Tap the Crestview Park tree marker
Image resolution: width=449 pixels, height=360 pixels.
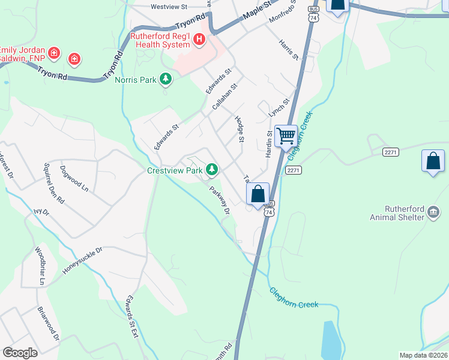pyautogui.click(x=211, y=170)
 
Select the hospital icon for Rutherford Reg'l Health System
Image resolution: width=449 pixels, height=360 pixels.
pyautogui.click(x=199, y=41)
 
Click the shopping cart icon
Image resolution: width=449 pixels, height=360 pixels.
pyautogui.click(x=286, y=136)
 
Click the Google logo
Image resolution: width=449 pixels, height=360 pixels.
pyautogui.click(x=20, y=353)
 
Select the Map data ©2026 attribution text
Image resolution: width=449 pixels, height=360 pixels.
pyautogui.click(x=423, y=355)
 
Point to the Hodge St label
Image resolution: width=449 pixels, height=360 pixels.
pyautogui.click(x=239, y=130)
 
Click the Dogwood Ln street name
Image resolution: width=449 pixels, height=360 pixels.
pyautogui.click(x=74, y=179)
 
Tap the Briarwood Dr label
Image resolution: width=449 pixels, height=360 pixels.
pyautogui.click(x=49, y=325)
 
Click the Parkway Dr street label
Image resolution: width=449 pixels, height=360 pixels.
pyautogui.click(x=220, y=201)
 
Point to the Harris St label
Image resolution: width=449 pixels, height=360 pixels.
pyautogui.click(x=289, y=50)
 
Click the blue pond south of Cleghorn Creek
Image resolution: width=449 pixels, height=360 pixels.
pyautogui.click(x=331, y=340)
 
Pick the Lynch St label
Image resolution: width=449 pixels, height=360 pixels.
pyautogui.click(x=279, y=108)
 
